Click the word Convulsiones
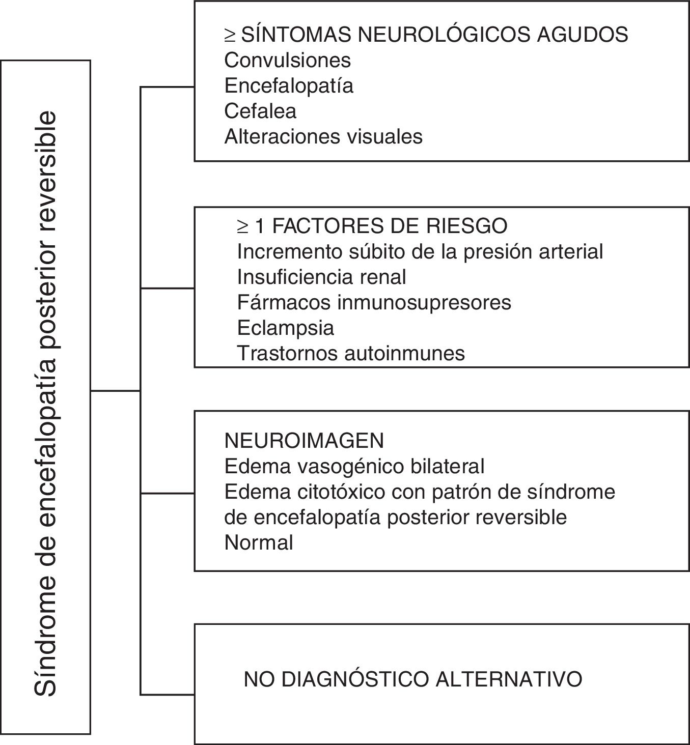(287, 61)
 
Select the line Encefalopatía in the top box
(289, 85)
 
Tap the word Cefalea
(260, 111)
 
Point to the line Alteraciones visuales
(323, 136)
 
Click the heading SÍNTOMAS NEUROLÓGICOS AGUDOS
(434, 35)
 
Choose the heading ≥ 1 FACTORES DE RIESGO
(372, 226)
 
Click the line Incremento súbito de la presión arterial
(420, 251)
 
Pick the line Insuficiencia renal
(322, 277)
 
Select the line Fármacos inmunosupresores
(374, 302)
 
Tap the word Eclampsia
(286, 328)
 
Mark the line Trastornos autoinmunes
(351, 353)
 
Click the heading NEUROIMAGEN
(304, 441)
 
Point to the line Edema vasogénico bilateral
(354, 466)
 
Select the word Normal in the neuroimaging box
(259, 542)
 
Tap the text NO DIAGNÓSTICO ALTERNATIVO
(413, 679)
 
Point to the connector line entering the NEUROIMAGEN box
(167, 493)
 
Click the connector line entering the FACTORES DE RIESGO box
(167, 288)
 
